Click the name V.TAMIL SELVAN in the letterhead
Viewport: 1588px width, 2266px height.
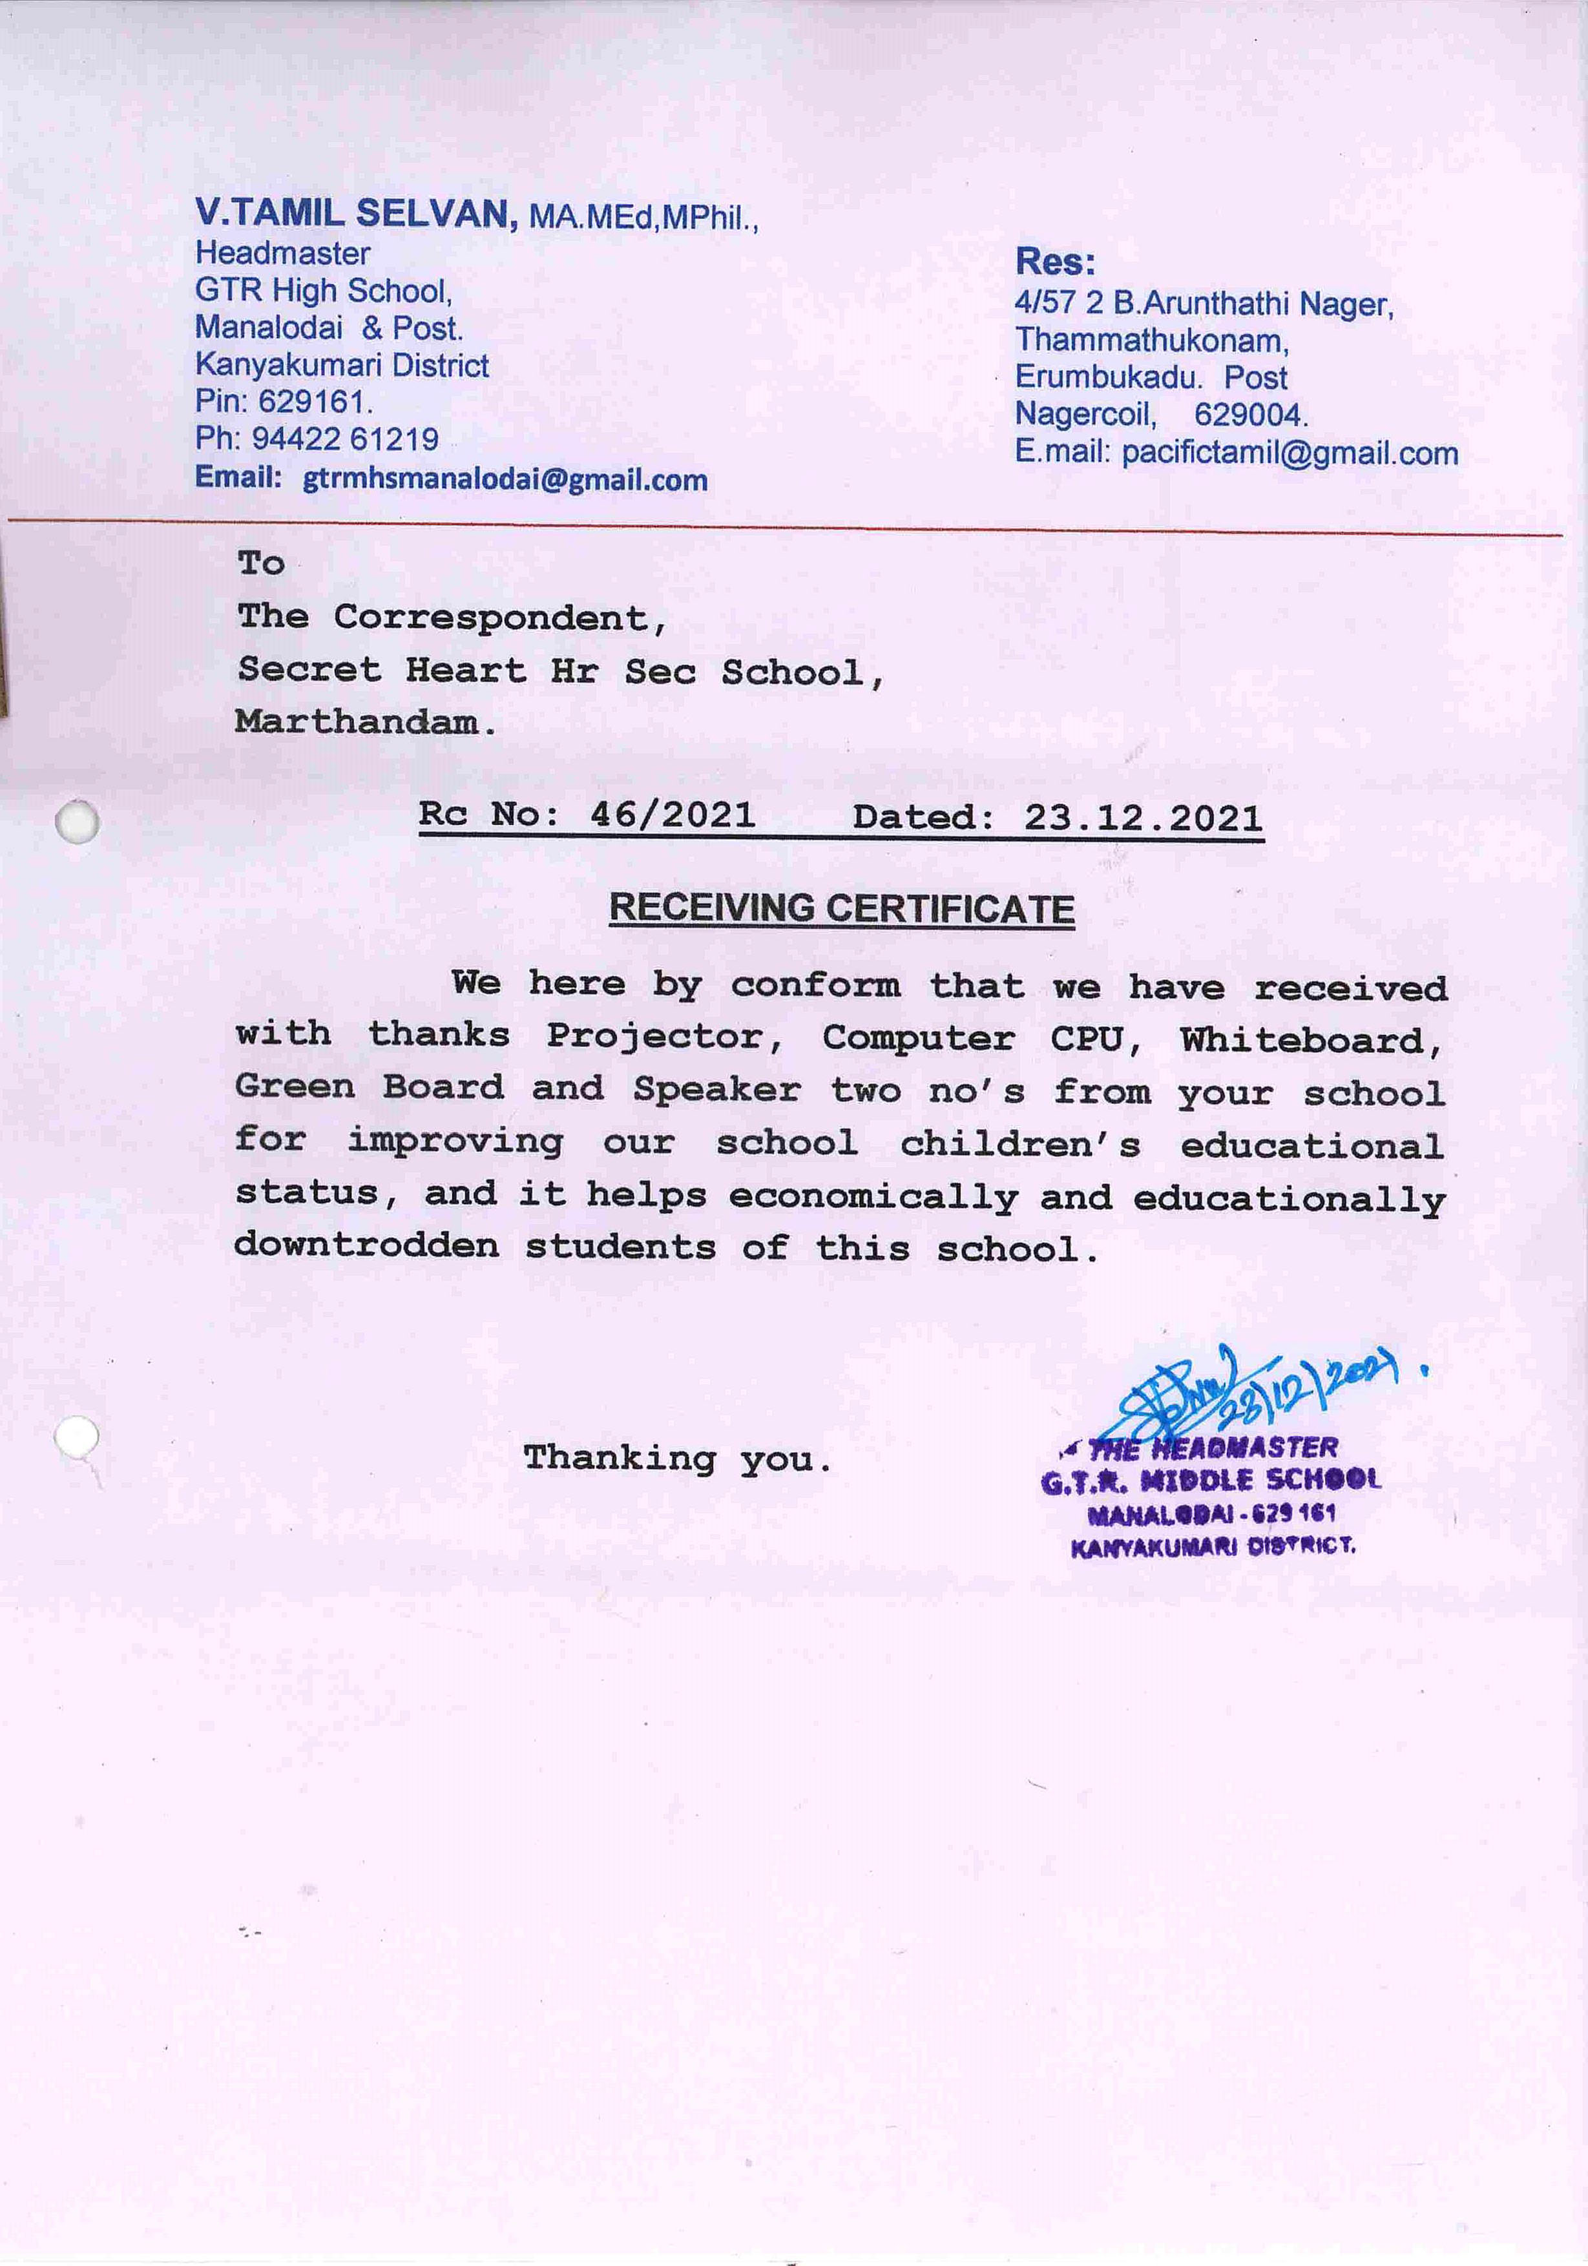pos(355,213)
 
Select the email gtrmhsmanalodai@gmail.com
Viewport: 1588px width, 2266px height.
pos(505,480)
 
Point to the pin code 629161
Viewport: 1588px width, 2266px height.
pos(314,402)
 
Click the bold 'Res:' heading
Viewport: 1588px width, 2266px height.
pos(1055,262)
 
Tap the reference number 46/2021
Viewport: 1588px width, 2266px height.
pos(672,815)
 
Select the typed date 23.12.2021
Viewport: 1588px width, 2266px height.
pos(1143,818)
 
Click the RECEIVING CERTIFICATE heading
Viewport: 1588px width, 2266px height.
pos(841,908)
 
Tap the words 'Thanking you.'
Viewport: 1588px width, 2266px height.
pos(677,1458)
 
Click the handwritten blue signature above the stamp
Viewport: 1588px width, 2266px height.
pos(1184,1397)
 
